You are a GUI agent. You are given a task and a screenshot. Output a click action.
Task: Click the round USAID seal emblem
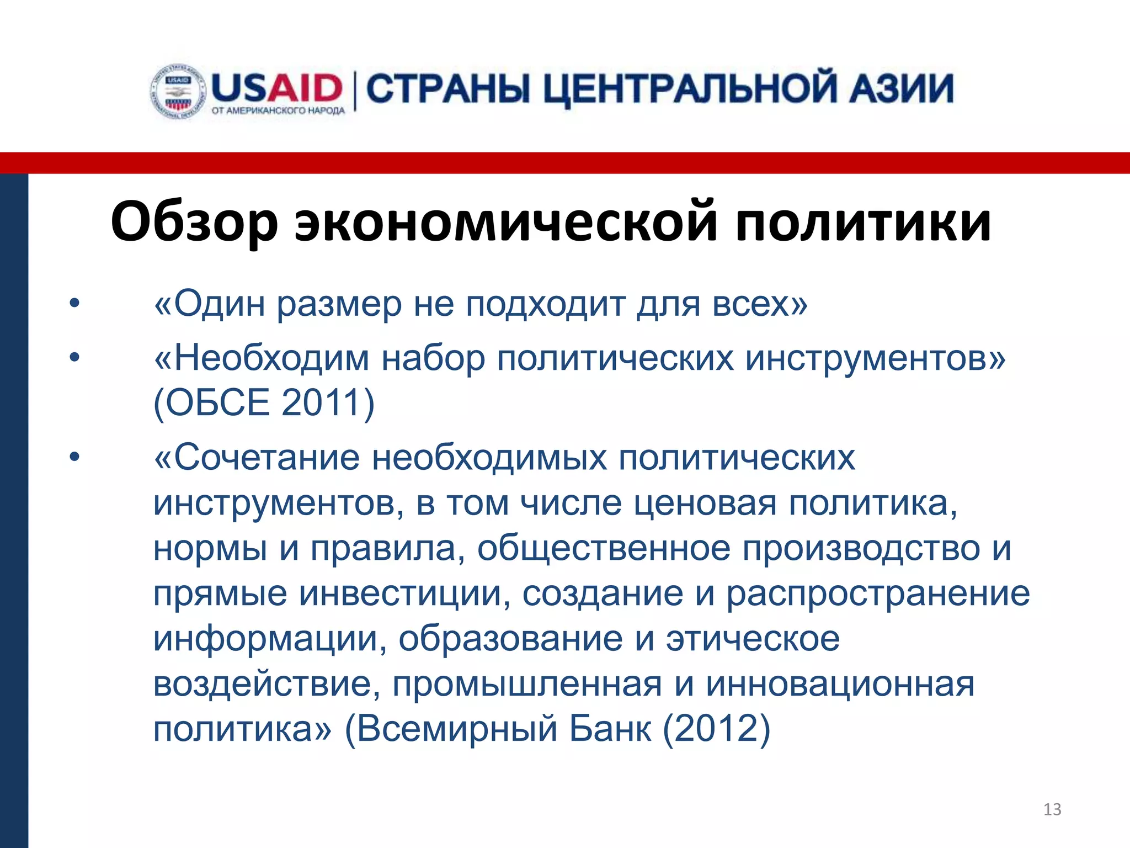pyautogui.click(x=178, y=92)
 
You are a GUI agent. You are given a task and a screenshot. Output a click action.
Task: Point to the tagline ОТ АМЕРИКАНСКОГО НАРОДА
pyautogui.click(x=278, y=111)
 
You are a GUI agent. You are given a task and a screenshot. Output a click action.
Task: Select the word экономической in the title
pyautogui.click(x=506, y=222)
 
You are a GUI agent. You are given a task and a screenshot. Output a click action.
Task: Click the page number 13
pyautogui.click(x=1052, y=809)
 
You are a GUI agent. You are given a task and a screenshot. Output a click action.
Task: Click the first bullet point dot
pyautogui.click(x=74, y=303)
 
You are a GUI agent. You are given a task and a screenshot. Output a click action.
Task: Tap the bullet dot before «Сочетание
pyautogui.click(x=74, y=457)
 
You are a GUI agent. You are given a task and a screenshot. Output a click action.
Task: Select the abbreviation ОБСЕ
pyautogui.click(x=217, y=402)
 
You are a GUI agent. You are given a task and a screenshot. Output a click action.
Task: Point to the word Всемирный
pyautogui.click(x=457, y=729)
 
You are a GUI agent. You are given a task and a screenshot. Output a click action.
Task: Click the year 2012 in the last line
pyautogui.click(x=716, y=729)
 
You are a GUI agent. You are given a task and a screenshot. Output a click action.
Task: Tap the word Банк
pyautogui.click(x=610, y=729)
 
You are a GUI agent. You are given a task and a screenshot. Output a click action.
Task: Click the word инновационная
pyautogui.click(x=840, y=684)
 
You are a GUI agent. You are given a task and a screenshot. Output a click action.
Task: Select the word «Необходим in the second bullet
pyautogui.click(x=262, y=359)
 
